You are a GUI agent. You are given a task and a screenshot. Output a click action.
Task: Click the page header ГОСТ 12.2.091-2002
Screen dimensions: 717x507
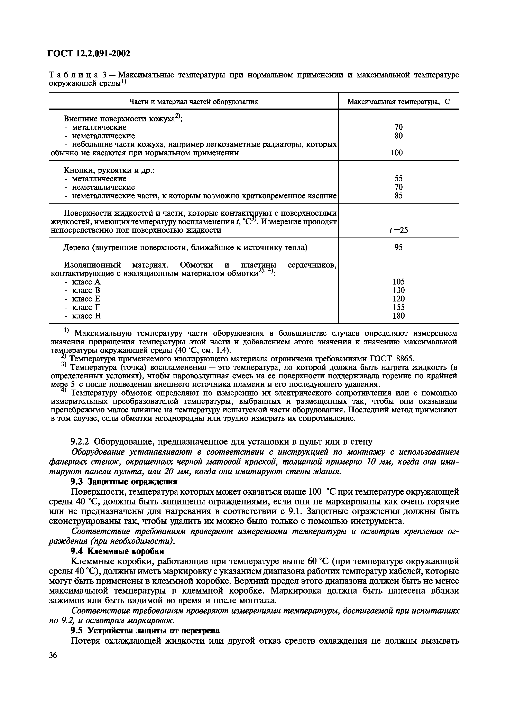89,54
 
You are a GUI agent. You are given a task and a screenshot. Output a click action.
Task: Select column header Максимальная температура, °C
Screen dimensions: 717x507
399,102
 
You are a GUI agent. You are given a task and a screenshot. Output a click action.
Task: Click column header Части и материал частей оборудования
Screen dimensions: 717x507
193,102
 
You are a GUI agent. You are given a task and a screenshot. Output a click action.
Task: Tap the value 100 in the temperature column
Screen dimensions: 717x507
397,153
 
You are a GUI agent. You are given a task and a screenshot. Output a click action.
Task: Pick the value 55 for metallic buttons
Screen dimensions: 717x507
398,179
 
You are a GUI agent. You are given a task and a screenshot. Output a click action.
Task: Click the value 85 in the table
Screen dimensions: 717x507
398,196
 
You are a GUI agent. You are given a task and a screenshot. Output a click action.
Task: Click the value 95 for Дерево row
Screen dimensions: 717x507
398,248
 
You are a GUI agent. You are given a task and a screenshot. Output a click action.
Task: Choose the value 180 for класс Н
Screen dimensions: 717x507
398,316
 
